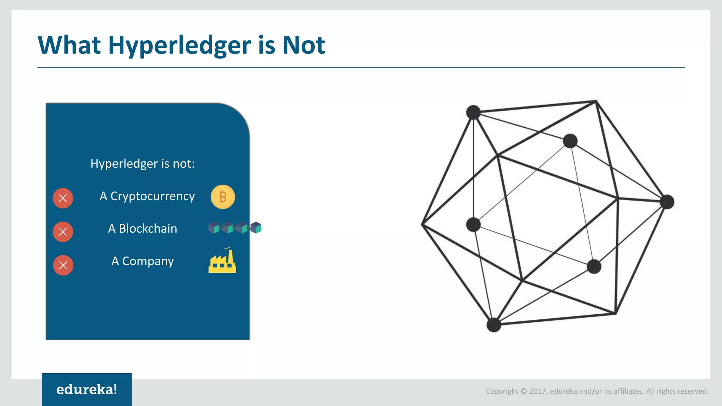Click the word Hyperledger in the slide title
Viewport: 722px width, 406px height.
180,46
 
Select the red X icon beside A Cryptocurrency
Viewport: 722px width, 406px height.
63,198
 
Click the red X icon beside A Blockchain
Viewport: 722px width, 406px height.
63,232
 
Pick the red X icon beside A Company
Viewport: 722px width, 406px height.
63,265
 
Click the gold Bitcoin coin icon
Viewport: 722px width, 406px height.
223,197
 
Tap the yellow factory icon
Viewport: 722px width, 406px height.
222,262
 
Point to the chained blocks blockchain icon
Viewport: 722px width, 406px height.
235,228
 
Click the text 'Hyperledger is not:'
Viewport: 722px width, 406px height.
142,164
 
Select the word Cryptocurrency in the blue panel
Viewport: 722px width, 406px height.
152,196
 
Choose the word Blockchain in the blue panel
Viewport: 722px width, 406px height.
148,229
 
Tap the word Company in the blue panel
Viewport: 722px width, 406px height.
148,262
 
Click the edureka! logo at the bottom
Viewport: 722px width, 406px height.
87,389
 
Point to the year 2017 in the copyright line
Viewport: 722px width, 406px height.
538,391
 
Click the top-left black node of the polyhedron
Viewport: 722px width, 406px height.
473,112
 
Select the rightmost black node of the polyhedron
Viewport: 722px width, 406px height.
667,202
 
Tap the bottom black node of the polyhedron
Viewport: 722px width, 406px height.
494,325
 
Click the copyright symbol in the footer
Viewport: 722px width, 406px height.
524,391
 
